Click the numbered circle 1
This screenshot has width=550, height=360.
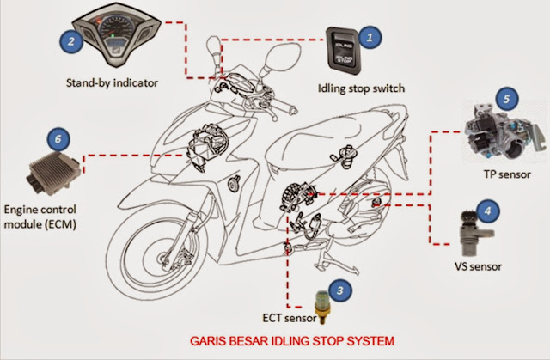point(370,36)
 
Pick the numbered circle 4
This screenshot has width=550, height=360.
point(486,209)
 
